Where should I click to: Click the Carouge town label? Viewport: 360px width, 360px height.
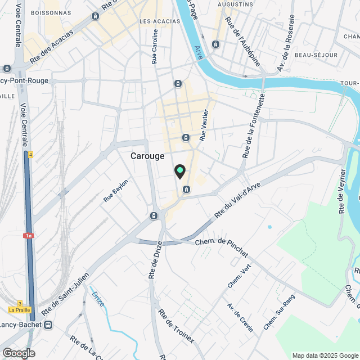[147, 156]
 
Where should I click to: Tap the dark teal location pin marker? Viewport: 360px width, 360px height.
[179, 171]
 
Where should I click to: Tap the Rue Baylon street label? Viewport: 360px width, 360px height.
[116, 191]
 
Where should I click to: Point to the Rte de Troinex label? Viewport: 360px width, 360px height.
[176, 326]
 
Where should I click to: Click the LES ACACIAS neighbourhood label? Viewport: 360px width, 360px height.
[159, 21]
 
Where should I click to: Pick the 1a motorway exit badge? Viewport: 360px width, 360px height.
[29, 236]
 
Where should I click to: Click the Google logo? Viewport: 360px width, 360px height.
[19, 353]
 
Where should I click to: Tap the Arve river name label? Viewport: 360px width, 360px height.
[197, 52]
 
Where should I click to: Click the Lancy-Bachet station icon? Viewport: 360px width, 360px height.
[49, 325]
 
